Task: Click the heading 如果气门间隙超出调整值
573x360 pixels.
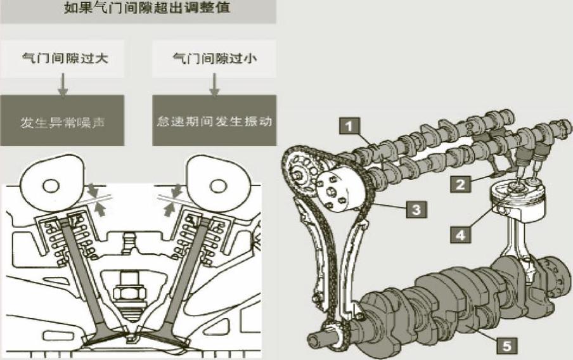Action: pos(138,9)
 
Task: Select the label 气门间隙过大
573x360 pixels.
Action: pos(62,59)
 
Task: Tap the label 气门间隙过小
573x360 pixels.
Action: pos(214,59)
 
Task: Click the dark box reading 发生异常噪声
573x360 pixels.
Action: pos(62,120)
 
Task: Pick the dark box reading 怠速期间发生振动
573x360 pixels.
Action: pos(214,120)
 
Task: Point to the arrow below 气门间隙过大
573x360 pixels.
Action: pos(62,86)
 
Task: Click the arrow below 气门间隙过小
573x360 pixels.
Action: pos(214,86)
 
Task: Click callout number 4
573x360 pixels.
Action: pos(461,234)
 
